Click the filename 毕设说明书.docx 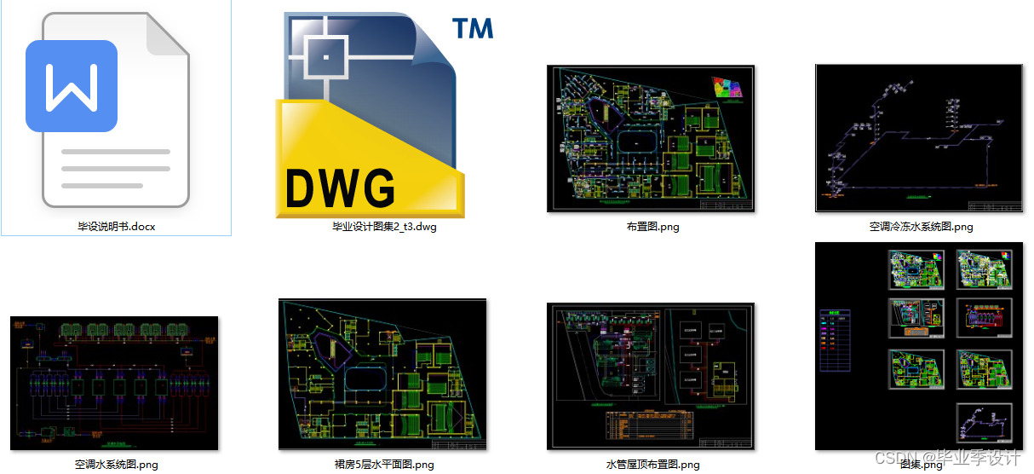(x=117, y=227)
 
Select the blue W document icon (x=72, y=86)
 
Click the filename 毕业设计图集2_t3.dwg (x=384, y=227)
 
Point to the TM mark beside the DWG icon (x=473, y=28)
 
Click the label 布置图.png (x=652, y=227)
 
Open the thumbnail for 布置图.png (x=650, y=138)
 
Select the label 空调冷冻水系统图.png (x=921, y=227)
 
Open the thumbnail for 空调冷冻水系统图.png (x=920, y=138)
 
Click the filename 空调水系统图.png (x=117, y=465)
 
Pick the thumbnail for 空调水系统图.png (x=114, y=383)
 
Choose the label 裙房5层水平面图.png (x=384, y=465)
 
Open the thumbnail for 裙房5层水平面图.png (x=382, y=374)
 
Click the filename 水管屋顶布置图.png (x=652, y=465)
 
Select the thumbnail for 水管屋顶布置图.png (x=650, y=376)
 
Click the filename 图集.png (x=921, y=465)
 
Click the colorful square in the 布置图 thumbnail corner (x=727, y=87)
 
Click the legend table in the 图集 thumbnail (x=835, y=339)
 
